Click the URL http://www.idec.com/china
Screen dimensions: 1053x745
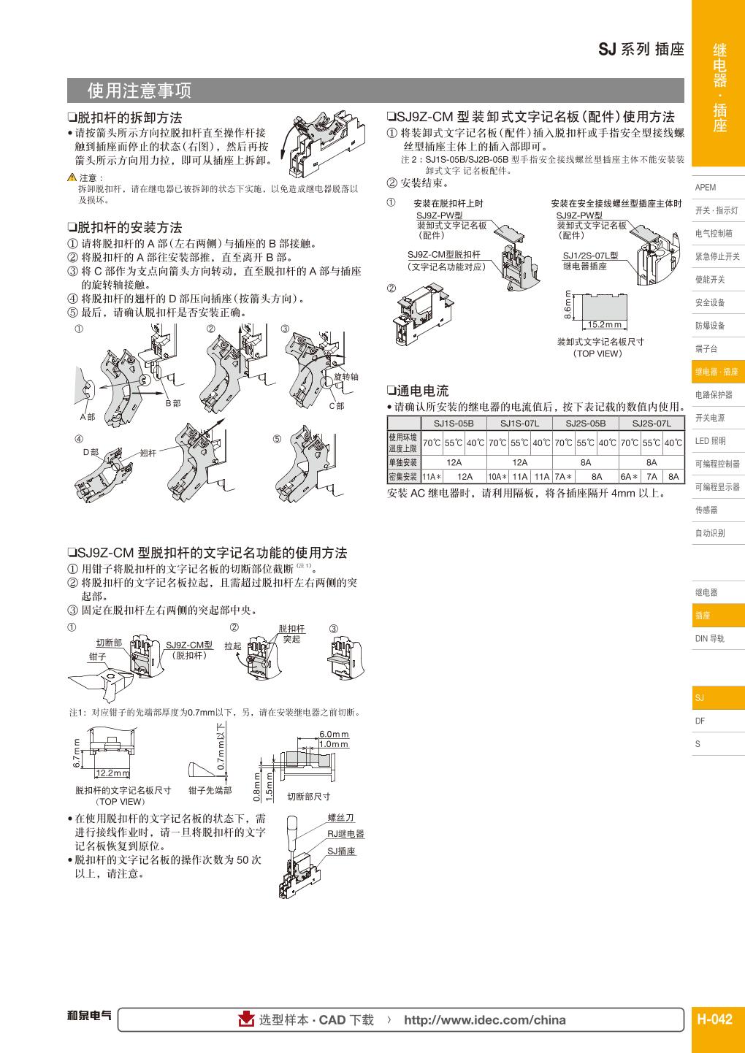(x=484, y=1020)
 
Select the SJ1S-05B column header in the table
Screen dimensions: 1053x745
(x=454, y=423)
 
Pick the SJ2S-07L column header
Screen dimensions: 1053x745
(x=652, y=423)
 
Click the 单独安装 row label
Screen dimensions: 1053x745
(x=402, y=462)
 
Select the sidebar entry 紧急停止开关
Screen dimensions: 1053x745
(x=717, y=256)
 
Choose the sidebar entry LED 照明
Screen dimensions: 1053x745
(x=710, y=440)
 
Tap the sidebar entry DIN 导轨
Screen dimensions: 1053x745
(x=709, y=638)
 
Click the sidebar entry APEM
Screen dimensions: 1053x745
(x=706, y=187)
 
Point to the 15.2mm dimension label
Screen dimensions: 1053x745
(x=604, y=325)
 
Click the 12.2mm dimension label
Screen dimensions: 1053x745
(x=113, y=773)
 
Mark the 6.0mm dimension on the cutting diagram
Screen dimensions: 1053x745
(x=334, y=734)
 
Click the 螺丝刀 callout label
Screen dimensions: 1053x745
(x=340, y=819)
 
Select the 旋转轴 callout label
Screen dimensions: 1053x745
(x=345, y=377)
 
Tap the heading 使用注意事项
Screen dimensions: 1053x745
(x=139, y=91)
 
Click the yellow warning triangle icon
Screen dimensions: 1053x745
(x=72, y=178)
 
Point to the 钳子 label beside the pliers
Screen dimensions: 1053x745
(x=98, y=656)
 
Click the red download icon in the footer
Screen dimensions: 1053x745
(x=247, y=1019)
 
